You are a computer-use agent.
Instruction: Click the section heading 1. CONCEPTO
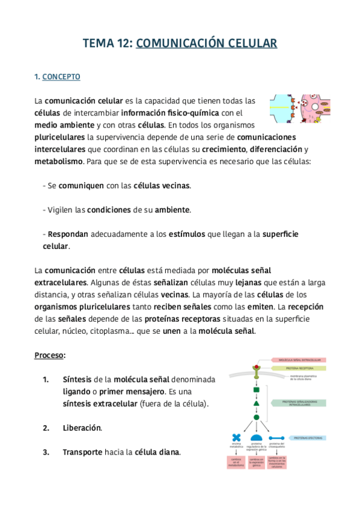tap(57, 77)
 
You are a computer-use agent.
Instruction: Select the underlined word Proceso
tap(49, 355)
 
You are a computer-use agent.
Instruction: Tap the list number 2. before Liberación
tap(46, 428)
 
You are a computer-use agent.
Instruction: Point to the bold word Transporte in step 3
tap(82, 452)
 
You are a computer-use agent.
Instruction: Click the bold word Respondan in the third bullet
tap(68, 234)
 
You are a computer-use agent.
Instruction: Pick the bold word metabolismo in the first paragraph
tap(59, 162)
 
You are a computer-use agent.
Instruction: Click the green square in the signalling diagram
tap(257, 389)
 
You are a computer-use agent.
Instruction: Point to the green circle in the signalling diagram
tap(257, 417)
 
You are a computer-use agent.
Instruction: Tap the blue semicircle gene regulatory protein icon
tap(256, 438)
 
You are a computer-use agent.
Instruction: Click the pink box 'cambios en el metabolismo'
tap(236, 462)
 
